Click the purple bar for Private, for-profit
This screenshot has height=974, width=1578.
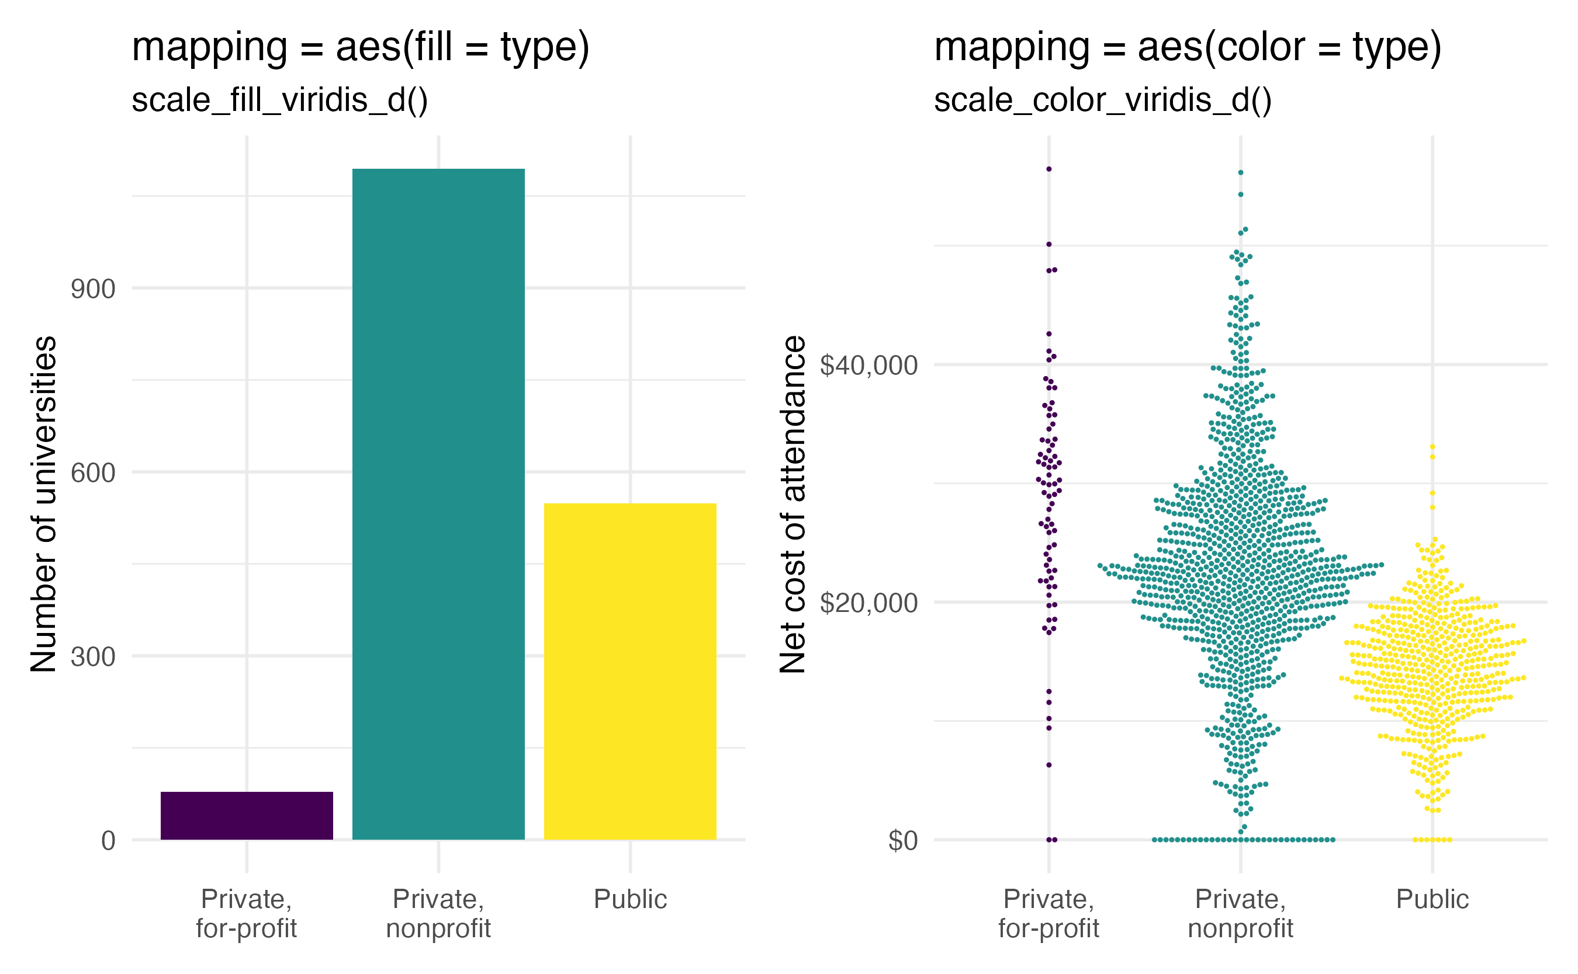[247, 816]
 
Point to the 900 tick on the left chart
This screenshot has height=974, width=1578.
[93, 289]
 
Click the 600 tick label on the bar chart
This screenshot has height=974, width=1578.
[93, 473]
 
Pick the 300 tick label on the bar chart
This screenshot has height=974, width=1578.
[93, 657]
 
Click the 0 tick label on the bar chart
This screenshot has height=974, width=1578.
[108, 841]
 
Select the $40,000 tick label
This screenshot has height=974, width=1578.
[868, 366]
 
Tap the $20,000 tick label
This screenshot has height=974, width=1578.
[868, 603]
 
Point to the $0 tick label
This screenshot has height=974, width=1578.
[902, 841]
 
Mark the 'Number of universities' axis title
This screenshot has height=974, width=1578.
[44, 504]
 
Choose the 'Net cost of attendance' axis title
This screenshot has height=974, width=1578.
[793, 504]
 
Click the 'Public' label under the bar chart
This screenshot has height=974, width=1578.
[630, 899]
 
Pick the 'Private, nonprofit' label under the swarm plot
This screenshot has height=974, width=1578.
[1240, 913]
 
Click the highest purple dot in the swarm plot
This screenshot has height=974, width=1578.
[1048, 169]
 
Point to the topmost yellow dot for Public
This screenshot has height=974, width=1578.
[1432, 446]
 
